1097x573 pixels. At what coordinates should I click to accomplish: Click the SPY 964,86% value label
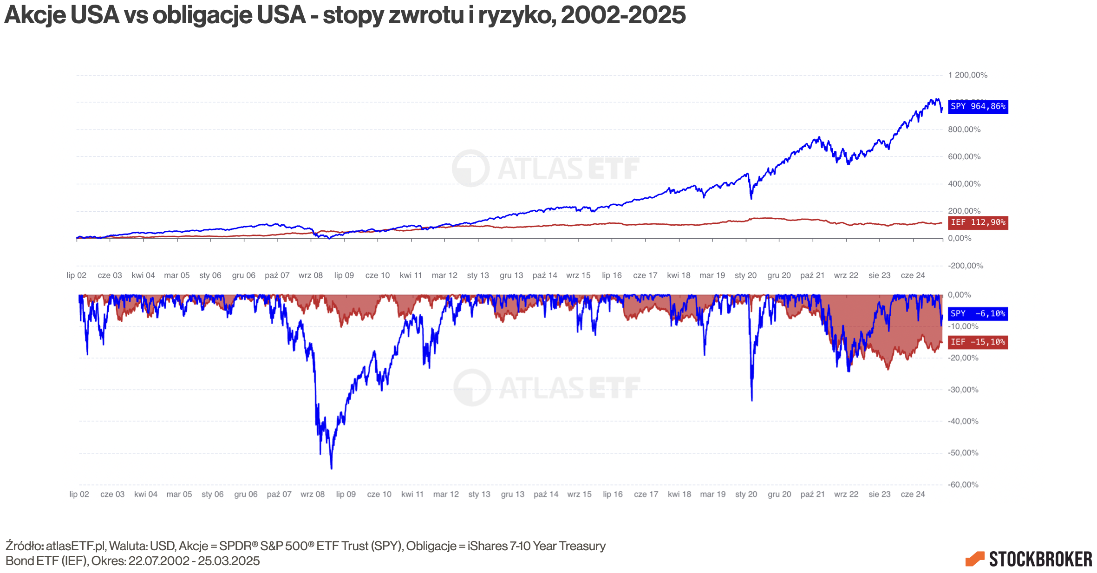tap(978, 107)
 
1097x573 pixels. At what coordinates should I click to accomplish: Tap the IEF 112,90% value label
tap(978, 222)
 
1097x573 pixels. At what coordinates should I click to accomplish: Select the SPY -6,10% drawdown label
tap(978, 314)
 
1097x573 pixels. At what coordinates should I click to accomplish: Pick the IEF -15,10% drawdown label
tap(978, 342)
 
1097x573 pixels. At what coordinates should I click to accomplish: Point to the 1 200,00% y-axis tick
tap(967, 75)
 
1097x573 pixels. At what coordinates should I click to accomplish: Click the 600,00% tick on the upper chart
tap(964, 157)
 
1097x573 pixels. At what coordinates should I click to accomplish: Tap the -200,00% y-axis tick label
tap(966, 266)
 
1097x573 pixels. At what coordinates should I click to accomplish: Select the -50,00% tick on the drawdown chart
tap(963, 453)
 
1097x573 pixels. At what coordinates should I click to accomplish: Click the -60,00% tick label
tap(963, 484)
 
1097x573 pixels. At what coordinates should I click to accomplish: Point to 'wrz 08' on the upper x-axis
tap(311, 275)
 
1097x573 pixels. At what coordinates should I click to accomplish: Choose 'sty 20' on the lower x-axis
tap(746, 494)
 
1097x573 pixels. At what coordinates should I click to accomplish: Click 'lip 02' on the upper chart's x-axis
tap(77, 275)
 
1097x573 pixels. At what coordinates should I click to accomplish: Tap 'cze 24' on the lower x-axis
tap(913, 494)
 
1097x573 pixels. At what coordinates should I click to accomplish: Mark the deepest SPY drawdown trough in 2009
tap(331, 468)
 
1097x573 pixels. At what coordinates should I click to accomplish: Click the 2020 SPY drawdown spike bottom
tap(752, 399)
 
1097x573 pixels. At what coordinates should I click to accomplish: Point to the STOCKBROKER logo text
tap(1040, 560)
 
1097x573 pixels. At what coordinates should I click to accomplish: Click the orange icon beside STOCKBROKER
tap(975, 559)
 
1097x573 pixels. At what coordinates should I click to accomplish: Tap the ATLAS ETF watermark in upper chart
tap(546, 168)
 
